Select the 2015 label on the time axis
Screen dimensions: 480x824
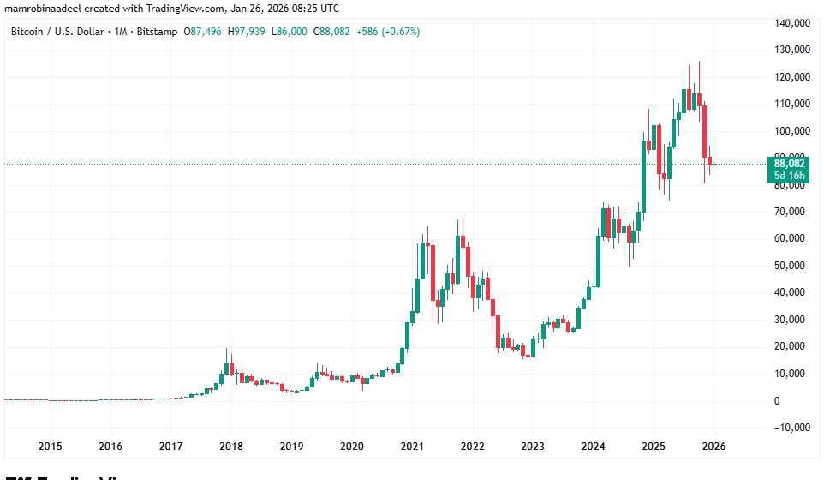50,446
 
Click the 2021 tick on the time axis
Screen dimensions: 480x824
412,446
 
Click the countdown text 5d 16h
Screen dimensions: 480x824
790,176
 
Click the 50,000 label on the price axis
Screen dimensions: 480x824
791,266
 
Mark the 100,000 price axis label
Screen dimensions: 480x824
790,130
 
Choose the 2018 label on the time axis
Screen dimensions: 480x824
230,446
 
